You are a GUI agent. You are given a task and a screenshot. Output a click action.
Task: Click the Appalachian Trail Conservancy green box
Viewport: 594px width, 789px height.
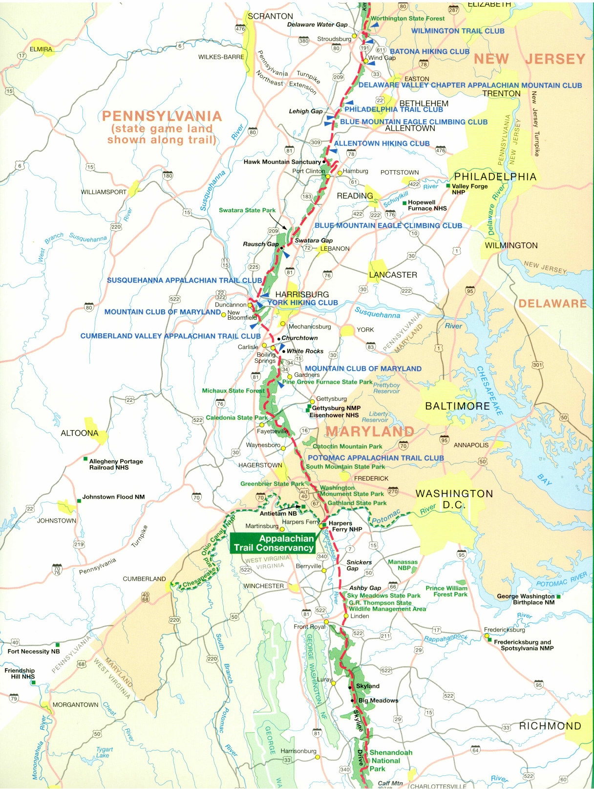(273, 543)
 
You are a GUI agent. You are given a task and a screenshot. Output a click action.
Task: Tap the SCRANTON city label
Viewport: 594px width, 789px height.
(270, 16)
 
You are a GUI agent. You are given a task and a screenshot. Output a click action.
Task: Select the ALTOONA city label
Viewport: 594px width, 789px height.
(79, 433)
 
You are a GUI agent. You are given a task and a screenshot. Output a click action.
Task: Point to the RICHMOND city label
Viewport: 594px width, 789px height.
(550, 726)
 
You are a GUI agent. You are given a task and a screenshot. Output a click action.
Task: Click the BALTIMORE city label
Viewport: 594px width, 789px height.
(457, 406)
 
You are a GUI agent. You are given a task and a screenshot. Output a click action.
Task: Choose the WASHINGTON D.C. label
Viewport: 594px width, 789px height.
(454, 499)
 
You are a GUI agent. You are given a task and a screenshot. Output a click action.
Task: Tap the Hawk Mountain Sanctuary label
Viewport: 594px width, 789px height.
(282, 162)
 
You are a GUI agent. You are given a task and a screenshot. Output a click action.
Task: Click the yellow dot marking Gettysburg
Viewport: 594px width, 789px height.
(312, 401)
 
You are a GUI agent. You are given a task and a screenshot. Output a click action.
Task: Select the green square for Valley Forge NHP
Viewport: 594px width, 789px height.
(448, 186)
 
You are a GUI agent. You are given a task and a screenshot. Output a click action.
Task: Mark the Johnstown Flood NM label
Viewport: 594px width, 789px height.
(113, 497)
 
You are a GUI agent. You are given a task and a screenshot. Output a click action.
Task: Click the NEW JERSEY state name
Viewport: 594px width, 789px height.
(529, 59)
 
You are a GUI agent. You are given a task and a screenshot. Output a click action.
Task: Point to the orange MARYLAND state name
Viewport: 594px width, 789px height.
(370, 431)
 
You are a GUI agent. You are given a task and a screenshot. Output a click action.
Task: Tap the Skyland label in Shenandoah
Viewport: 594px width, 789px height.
(367, 686)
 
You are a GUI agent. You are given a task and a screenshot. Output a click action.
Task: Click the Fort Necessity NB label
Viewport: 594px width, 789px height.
(33, 651)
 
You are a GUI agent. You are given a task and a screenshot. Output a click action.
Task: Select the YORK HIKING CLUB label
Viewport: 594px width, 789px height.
(303, 303)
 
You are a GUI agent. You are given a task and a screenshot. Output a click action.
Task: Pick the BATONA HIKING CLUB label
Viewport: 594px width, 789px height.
(429, 51)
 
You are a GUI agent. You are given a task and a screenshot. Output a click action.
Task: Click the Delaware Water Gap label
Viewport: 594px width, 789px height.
(317, 24)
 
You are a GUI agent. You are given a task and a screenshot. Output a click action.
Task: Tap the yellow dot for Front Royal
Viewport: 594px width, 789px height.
(327, 622)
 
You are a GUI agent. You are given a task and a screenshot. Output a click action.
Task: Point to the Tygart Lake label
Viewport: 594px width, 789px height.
(104, 752)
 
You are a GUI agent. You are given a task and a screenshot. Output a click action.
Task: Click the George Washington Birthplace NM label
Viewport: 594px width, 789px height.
(526, 599)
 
